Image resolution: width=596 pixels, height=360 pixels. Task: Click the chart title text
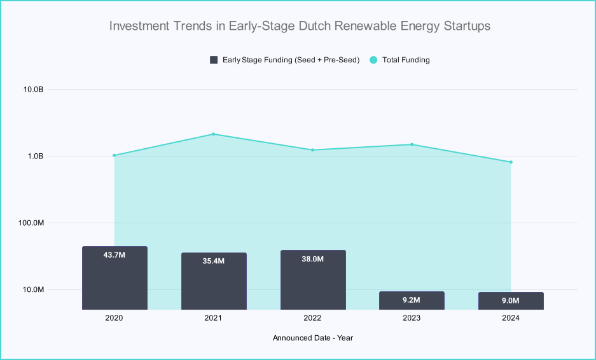[300, 26]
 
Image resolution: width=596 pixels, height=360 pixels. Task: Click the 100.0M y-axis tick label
[29, 223]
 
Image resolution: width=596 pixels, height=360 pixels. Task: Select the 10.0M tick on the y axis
[31, 289]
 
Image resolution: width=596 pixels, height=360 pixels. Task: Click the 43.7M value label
[114, 255]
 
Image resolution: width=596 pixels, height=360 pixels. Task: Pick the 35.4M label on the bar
[214, 261]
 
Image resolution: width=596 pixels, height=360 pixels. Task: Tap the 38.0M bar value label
[313, 259]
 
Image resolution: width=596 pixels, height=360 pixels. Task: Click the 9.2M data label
[412, 300]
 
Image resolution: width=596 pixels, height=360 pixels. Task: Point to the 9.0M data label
[511, 301]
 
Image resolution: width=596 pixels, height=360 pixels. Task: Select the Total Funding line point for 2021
[214, 134]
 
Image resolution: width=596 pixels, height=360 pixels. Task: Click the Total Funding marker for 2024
[511, 162]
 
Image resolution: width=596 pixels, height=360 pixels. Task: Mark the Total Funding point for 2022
[313, 150]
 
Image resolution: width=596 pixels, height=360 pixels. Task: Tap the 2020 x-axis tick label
[114, 318]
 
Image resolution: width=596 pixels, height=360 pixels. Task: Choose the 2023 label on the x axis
[412, 318]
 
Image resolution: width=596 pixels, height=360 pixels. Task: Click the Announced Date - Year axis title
[313, 338]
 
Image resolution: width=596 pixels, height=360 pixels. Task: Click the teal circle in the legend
[373, 60]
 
